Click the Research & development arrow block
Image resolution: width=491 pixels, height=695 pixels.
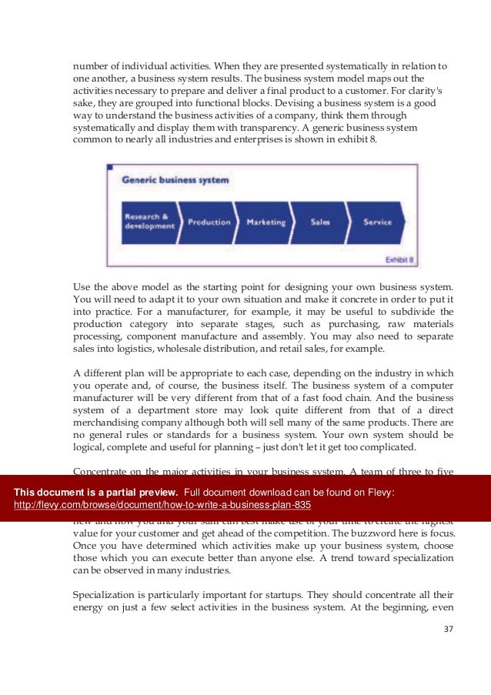pos(146,222)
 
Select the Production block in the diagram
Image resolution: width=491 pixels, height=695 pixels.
pos(209,222)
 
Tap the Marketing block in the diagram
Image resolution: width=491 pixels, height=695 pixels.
pos(266,222)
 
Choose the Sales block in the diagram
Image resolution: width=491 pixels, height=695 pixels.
pos(320,222)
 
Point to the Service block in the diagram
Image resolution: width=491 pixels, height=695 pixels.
pos(377,222)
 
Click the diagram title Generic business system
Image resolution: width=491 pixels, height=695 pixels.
pos(175,180)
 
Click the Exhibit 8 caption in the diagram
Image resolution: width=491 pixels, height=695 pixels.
pos(399,259)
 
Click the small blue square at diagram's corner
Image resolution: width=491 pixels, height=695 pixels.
pos(110,166)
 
